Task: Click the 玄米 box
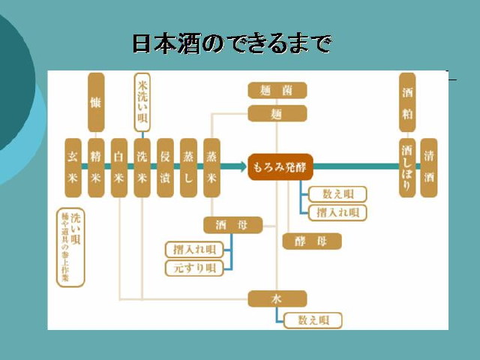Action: tap(73, 167)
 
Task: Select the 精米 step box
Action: tap(96, 167)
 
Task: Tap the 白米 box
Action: tap(118, 167)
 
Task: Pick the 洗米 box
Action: tap(142, 167)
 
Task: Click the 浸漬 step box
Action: tap(166, 167)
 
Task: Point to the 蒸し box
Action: tap(188, 167)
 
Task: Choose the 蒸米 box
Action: tap(212, 167)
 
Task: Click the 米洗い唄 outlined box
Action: tap(142, 102)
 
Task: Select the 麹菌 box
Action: tap(277, 91)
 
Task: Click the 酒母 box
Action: tap(233, 224)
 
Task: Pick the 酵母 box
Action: tap(312, 241)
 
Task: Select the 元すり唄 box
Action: tap(194, 268)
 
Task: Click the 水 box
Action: tap(277, 298)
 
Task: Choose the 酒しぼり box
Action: tap(407, 167)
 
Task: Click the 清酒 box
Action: tap(429, 167)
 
